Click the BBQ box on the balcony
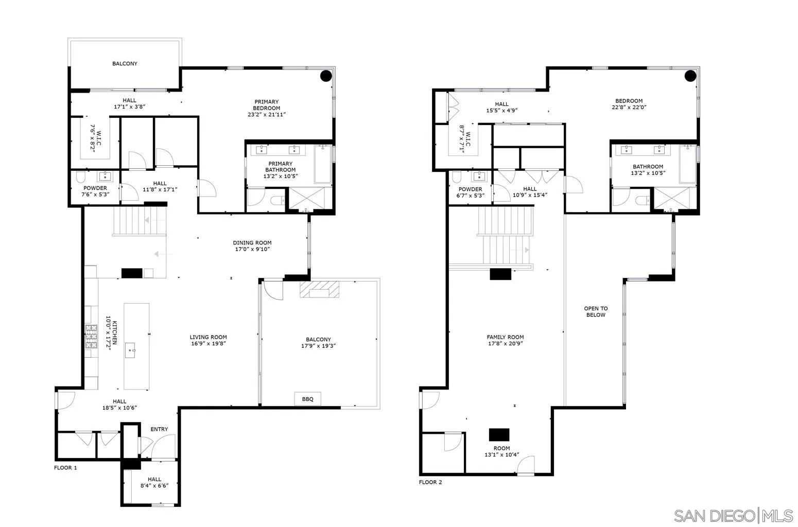click(307, 399)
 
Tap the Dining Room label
click(252, 243)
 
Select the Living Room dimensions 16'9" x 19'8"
click(208, 344)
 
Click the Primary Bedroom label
click(266, 105)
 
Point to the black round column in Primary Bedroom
click(326, 76)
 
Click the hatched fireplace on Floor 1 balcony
click(321, 289)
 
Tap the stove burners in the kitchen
click(91, 337)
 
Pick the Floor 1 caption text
click(65, 468)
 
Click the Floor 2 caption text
click(430, 482)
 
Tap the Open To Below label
click(596, 311)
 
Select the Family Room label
click(505, 338)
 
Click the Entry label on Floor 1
click(159, 429)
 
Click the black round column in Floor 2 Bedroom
click(690, 76)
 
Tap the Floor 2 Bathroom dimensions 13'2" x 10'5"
click(648, 173)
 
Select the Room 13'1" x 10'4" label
click(501, 451)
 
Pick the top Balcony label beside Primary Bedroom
click(125, 64)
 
